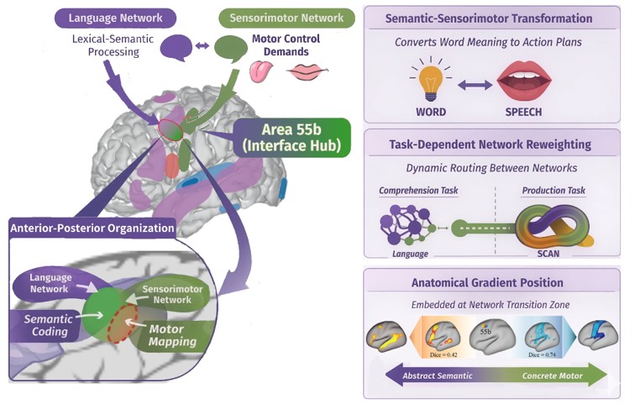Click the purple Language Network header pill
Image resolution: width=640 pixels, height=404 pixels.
[116, 18]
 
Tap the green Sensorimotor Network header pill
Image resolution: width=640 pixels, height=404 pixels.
[286, 18]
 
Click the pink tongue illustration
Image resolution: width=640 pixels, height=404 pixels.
[261, 71]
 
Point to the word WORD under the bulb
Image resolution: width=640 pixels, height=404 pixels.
[431, 112]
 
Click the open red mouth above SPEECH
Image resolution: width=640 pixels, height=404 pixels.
[524, 81]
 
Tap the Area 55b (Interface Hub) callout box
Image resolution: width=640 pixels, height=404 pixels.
[291, 138]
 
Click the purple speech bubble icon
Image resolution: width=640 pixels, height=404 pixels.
[176, 47]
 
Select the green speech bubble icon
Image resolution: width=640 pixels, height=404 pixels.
[231, 49]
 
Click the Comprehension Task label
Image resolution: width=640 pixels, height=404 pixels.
[418, 191]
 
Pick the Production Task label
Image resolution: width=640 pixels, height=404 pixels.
[553, 191]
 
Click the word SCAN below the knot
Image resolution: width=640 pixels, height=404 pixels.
[548, 254]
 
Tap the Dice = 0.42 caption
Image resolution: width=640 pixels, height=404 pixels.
[443, 354]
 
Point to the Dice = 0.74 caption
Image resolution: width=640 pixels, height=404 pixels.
[542, 354]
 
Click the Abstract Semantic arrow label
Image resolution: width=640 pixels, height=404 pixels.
[438, 375]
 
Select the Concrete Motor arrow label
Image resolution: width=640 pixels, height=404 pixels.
[553, 375]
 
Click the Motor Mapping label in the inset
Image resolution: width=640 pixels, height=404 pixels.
[172, 335]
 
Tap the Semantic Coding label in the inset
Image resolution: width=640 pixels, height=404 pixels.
[49, 325]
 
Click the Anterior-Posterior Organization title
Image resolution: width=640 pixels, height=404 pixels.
[92, 228]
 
